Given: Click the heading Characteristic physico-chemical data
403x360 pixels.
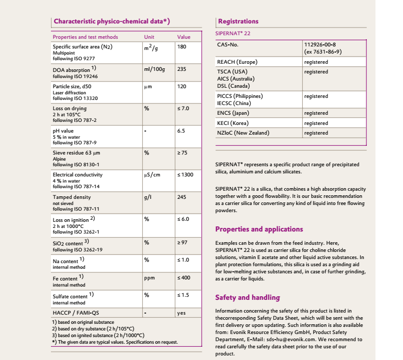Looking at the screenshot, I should click(x=112, y=21).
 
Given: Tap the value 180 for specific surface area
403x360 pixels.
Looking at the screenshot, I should click(x=181, y=47).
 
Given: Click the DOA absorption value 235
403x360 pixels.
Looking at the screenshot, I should click(x=181, y=69).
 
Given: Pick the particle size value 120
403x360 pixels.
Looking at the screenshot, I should click(x=181, y=86).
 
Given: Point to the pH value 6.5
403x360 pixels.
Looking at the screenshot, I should click(x=181, y=131).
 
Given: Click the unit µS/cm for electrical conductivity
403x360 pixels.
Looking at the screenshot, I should click(x=152, y=175).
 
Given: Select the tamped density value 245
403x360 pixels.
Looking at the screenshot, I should click(x=181, y=197).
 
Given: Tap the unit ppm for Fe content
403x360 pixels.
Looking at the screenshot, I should click(x=149, y=278).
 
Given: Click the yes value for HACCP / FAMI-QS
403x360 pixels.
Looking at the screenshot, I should click(x=181, y=313).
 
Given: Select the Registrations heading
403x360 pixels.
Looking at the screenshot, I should click(x=238, y=21).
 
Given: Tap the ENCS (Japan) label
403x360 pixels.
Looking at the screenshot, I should click(x=233, y=113).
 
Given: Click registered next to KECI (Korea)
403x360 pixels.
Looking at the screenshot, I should click(x=316, y=123).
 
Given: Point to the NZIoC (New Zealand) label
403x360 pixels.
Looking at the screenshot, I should click(x=243, y=133).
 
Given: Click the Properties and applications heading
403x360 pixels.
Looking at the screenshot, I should click(x=259, y=229).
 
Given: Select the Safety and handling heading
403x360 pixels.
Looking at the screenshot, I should click(x=248, y=297).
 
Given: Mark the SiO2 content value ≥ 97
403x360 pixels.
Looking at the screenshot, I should click(x=182, y=242).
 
